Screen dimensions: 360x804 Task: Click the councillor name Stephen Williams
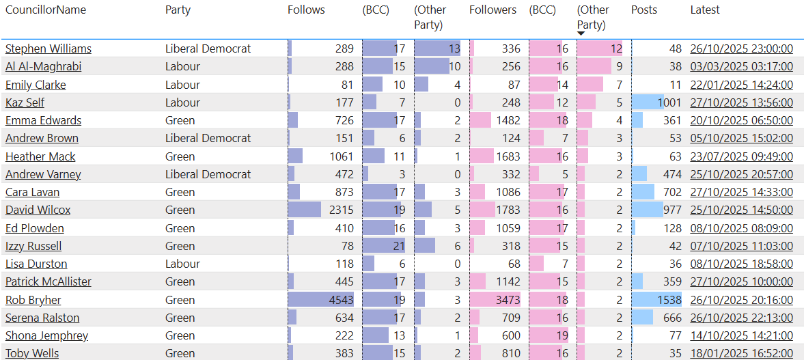click(x=48, y=49)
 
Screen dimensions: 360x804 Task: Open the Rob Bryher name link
click(x=33, y=300)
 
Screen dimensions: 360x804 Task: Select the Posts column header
click(x=644, y=10)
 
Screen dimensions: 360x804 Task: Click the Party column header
click(x=178, y=10)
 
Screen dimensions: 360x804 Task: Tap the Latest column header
click(x=705, y=10)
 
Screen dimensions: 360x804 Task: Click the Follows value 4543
click(x=341, y=300)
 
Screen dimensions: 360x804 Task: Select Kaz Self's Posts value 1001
click(x=669, y=103)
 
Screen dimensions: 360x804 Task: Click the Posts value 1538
click(x=669, y=300)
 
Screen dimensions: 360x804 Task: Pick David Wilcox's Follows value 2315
click(x=341, y=210)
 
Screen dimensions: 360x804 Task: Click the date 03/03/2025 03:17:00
click(x=741, y=67)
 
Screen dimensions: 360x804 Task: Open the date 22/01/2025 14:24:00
click(x=741, y=85)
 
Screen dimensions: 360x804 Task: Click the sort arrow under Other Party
click(x=581, y=33)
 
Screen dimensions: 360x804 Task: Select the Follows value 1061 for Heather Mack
click(x=341, y=157)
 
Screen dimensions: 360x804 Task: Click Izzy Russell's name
click(x=33, y=247)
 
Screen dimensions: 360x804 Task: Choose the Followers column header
click(x=493, y=10)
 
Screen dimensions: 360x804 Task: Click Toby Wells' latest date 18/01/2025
click(x=741, y=353)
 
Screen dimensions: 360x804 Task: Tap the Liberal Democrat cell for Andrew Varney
click(x=208, y=175)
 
